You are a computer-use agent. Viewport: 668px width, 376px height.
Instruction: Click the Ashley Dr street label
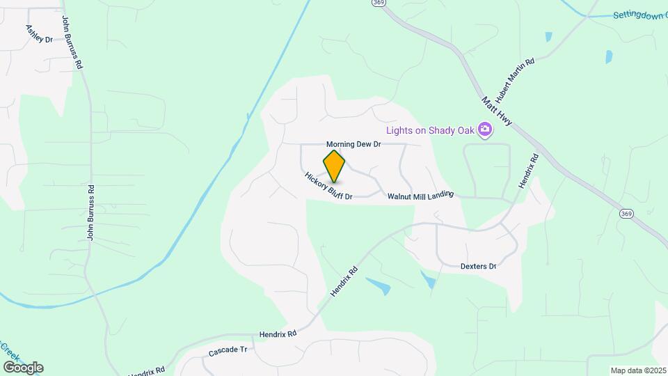39,33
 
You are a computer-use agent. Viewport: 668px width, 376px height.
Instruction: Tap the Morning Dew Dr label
354,144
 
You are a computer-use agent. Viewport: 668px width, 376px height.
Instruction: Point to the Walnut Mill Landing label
420,196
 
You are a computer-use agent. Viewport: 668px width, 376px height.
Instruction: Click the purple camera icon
485,130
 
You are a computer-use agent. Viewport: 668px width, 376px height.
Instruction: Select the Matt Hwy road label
497,111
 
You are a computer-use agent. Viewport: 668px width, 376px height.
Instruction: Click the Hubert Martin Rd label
514,81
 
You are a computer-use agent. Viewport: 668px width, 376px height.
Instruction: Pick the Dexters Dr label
478,266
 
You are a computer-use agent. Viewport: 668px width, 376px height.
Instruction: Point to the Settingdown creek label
639,15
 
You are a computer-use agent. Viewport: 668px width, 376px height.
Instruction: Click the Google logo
23,367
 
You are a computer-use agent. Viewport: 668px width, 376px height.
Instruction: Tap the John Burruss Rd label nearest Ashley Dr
72,42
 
